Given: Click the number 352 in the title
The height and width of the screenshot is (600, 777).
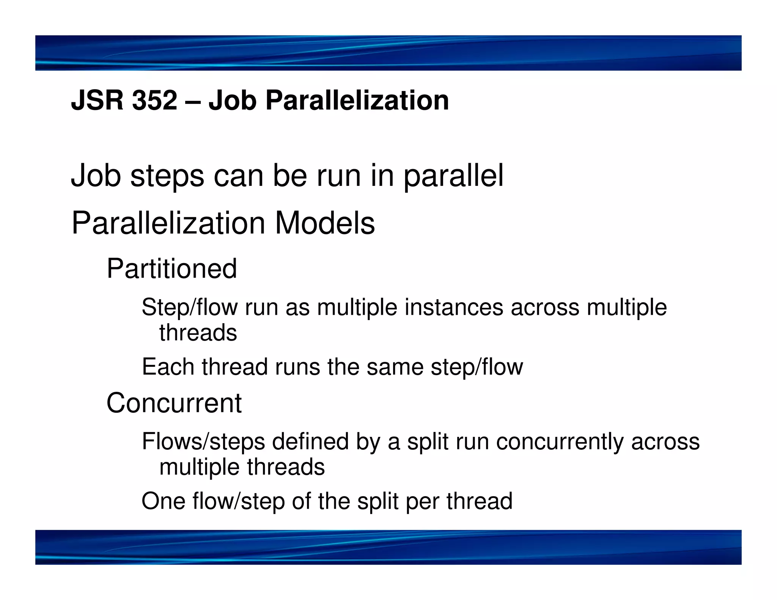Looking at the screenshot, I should (x=155, y=100).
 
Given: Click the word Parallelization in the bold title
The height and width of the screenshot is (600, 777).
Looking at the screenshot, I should (x=357, y=100).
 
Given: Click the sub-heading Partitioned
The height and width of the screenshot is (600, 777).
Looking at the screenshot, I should (x=171, y=269).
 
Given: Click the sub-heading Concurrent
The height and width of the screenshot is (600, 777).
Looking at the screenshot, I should (x=174, y=403).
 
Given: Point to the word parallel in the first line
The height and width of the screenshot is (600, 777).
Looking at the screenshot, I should (x=453, y=176).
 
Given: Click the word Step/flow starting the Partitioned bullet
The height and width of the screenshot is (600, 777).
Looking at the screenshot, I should (x=189, y=307).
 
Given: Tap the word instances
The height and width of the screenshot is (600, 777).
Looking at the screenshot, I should (x=454, y=307).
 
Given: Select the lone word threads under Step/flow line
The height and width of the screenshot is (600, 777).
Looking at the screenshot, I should (x=198, y=333).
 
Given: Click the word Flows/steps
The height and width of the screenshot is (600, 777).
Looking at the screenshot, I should (x=203, y=442).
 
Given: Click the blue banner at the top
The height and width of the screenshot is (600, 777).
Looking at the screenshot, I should (x=388, y=53).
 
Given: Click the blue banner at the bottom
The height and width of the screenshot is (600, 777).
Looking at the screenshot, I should (x=388, y=547).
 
